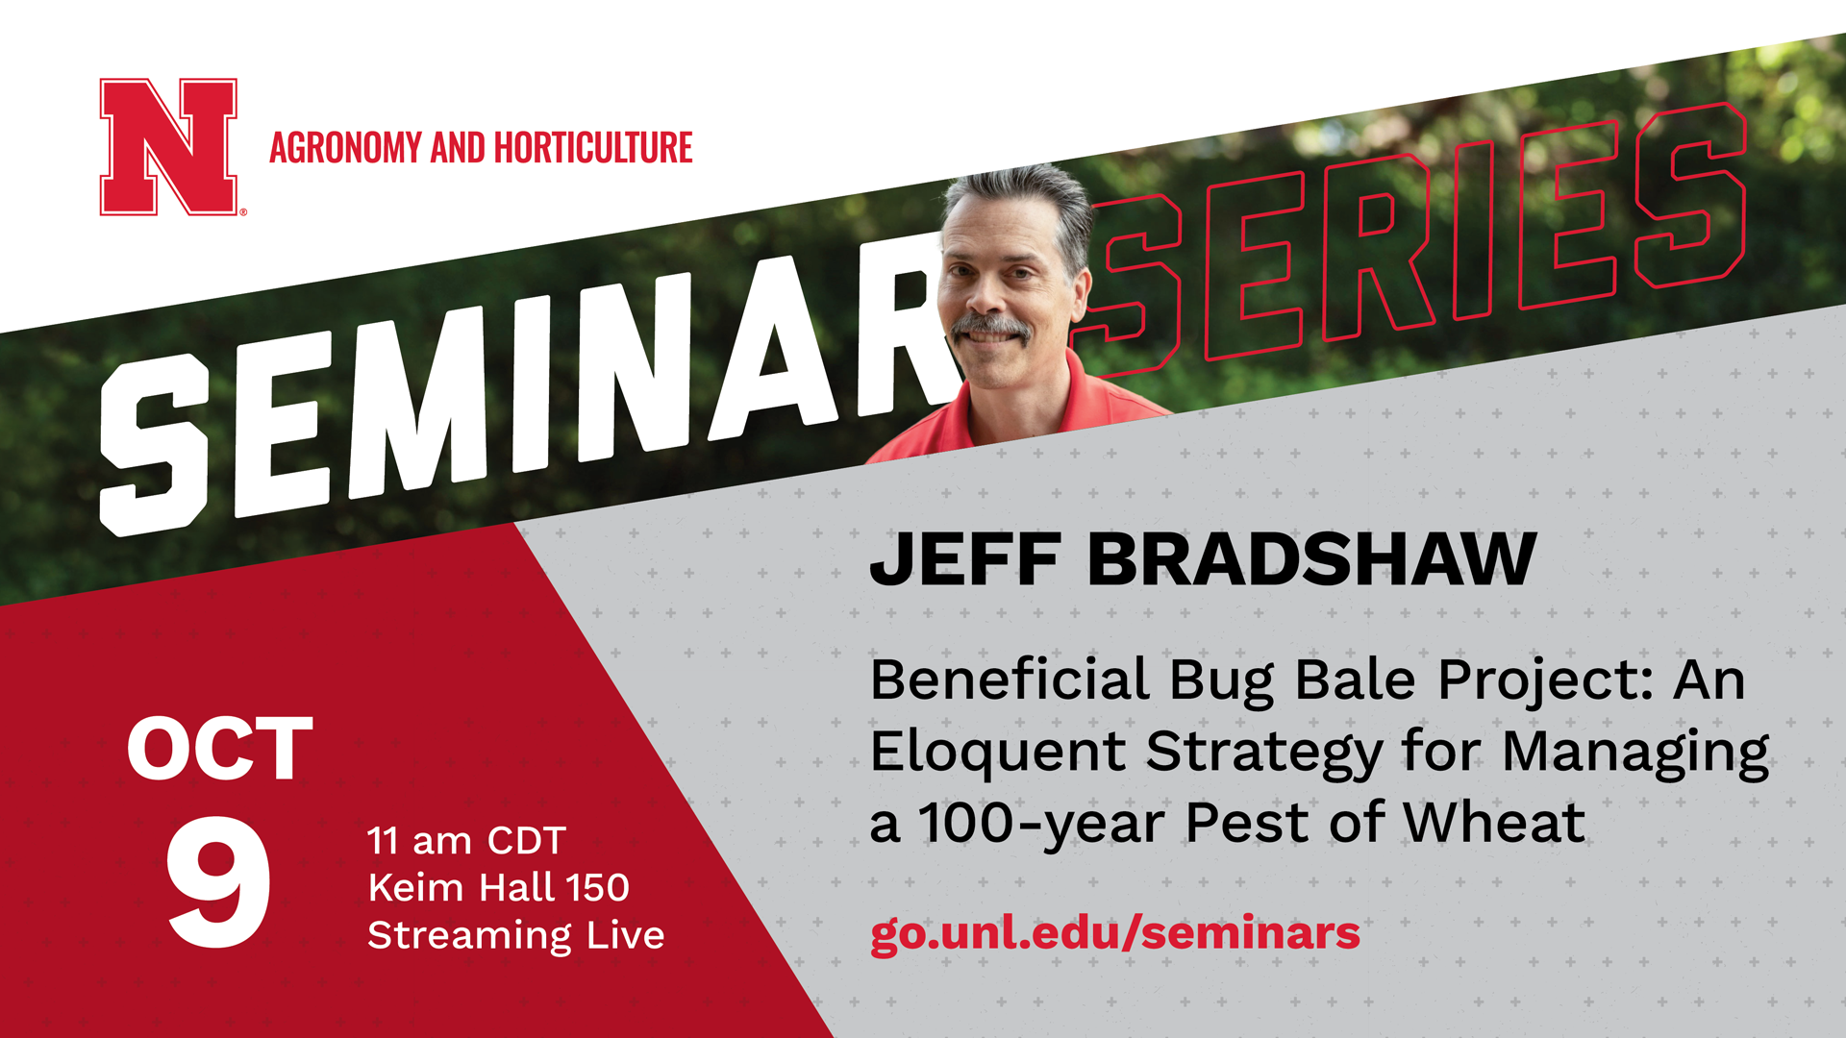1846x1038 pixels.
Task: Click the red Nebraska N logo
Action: (x=169, y=147)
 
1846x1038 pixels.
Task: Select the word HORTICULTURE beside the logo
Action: (x=593, y=148)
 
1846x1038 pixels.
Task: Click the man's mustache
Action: (x=991, y=327)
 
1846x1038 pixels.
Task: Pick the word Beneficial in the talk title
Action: (x=1010, y=680)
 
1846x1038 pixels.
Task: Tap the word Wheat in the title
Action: (x=1494, y=823)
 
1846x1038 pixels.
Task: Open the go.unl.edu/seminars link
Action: (x=1115, y=933)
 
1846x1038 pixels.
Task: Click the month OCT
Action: (x=220, y=749)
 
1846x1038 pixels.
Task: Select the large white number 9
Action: (x=218, y=882)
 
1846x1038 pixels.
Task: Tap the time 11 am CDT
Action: (x=467, y=841)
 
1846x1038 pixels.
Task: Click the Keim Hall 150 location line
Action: (x=498, y=887)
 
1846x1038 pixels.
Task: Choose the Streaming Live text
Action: (x=516, y=935)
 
